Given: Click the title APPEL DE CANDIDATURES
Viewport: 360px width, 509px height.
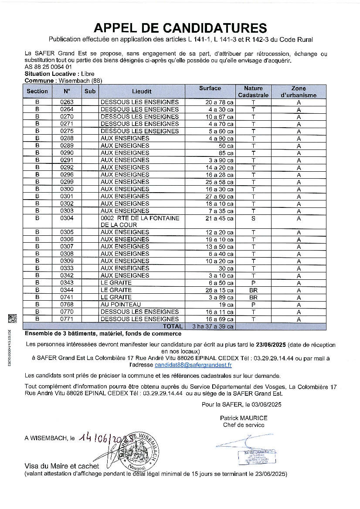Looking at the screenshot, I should coord(180,28).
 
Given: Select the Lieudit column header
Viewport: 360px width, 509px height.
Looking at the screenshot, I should coord(142,92).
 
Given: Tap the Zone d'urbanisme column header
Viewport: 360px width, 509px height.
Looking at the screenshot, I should coord(299,92).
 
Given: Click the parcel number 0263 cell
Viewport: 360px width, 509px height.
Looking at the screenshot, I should coord(67,102).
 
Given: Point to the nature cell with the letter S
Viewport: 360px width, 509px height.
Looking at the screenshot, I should coord(253,218).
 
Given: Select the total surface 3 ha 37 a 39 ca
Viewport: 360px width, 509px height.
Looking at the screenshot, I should coord(210,326).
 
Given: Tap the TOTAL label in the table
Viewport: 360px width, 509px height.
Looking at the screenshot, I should coord(173,326).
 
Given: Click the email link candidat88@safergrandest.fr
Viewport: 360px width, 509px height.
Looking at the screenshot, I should coord(193,365).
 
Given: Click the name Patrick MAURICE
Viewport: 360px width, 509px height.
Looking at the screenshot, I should coord(244,418).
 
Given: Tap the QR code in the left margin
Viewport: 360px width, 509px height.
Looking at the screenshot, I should coord(12,319).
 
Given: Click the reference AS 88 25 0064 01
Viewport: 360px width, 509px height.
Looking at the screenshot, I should coord(48,68).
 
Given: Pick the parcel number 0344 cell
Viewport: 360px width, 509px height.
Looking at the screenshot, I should coord(67,290).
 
